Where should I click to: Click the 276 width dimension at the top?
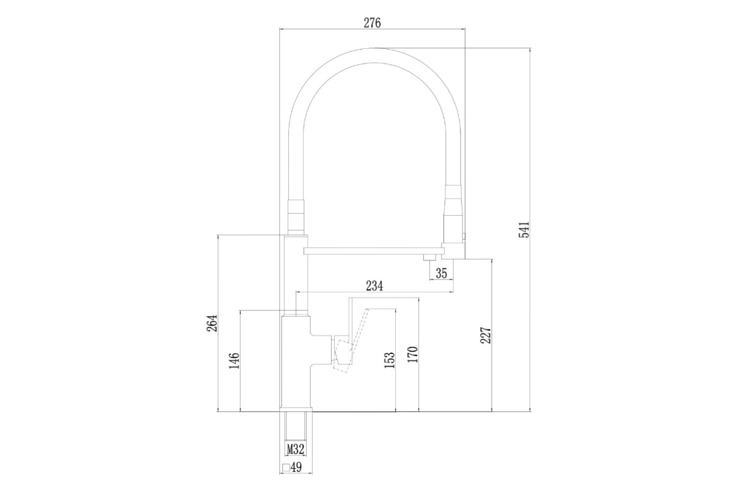(x=372, y=23)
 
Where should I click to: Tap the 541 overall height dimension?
(x=524, y=230)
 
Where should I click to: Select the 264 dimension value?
(x=212, y=323)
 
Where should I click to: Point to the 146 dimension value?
(x=235, y=360)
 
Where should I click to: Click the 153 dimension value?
(x=390, y=360)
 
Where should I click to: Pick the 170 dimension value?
(x=413, y=355)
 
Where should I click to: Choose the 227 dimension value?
(x=486, y=335)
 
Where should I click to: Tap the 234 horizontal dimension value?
(x=374, y=285)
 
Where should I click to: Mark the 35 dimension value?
(x=442, y=273)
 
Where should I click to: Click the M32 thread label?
(x=296, y=450)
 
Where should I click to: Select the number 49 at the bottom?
(x=296, y=468)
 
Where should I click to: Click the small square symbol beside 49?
(x=286, y=468)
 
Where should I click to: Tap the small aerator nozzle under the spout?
(x=429, y=257)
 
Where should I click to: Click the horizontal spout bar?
(x=374, y=251)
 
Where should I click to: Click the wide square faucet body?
(x=296, y=362)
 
